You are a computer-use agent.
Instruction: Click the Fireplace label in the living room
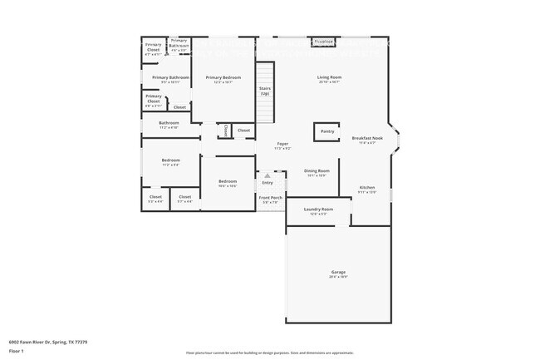point(323,41)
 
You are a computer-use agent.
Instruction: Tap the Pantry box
point(327,131)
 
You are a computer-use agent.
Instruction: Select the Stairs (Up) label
point(264,91)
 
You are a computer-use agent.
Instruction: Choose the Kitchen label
point(367,188)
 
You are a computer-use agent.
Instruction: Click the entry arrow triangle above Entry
point(268,175)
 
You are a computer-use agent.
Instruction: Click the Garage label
point(338,272)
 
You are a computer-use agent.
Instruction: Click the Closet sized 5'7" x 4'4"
point(184,197)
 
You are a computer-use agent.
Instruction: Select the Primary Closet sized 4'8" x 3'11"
point(154,101)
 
